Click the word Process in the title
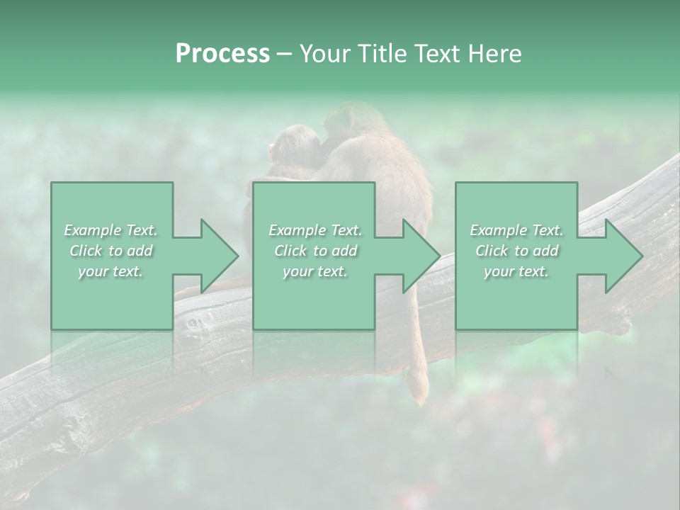click(x=222, y=54)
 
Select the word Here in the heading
click(x=494, y=54)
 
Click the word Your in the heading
click(x=324, y=54)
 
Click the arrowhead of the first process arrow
click(x=220, y=256)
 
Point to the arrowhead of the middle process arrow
click(x=421, y=256)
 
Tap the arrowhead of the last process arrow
click(x=623, y=256)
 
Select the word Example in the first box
click(x=93, y=230)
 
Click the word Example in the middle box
click(x=297, y=230)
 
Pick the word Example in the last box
click(x=498, y=230)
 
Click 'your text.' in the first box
click(x=110, y=271)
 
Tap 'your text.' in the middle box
click(x=314, y=271)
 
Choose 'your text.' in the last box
click(x=516, y=271)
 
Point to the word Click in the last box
click(x=492, y=251)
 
